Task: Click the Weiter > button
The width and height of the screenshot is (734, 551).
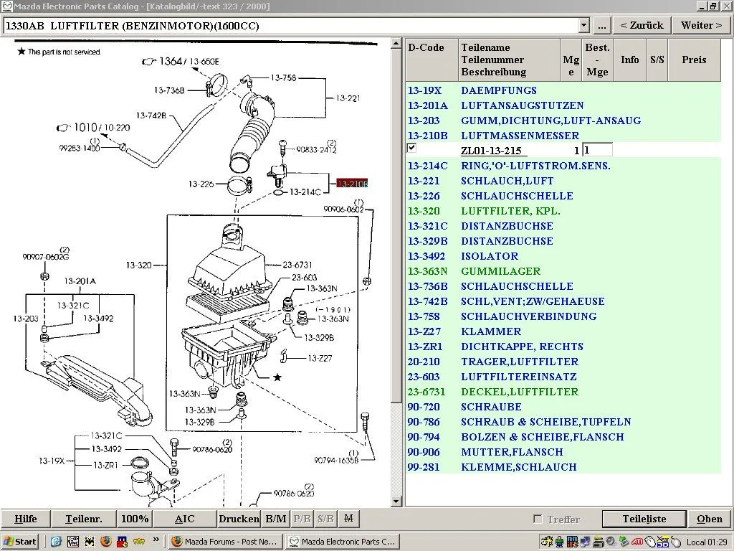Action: click(701, 25)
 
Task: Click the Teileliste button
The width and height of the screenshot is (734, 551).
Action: click(644, 519)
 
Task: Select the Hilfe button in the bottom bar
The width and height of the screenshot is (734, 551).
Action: click(26, 519)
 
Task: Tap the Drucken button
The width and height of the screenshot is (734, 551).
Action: click(239, 519)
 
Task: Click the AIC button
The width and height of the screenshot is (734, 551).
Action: click(184, 519)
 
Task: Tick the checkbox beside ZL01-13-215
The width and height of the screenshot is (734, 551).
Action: click(411, 149)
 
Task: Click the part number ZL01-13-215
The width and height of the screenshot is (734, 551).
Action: click(491, 151)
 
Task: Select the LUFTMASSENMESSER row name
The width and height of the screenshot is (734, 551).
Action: click(520, 136)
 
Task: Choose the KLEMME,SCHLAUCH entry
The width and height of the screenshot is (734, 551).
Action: click(518, 467)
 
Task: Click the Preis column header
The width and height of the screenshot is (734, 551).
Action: click(694, 60)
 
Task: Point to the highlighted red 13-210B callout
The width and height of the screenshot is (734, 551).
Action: click(351, 184)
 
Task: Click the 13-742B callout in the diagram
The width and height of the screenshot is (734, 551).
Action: click(151, 116)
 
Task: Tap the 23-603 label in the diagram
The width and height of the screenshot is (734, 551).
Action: click(305, 278)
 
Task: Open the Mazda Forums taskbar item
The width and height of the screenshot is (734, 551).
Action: click(225, 542)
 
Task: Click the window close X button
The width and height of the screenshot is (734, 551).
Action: click(725, 6)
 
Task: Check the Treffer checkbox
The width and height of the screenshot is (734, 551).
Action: click(538, 519)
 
